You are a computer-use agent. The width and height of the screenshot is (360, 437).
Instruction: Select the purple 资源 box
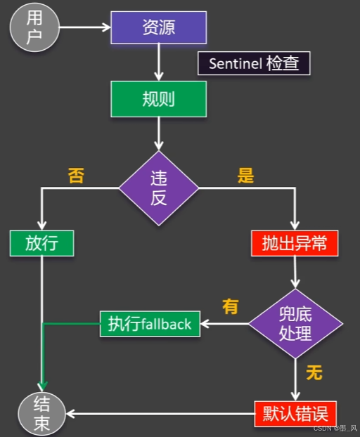(159, 27)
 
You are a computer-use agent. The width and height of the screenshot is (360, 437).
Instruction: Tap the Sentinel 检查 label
(253, 64)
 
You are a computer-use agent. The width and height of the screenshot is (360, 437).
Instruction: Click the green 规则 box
(159, 99)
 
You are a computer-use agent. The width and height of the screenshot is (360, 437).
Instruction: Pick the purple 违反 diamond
(159, 188)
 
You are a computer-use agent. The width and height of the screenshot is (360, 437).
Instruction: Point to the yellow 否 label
(76, 176)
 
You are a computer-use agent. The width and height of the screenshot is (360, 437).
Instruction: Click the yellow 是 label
(245, 176)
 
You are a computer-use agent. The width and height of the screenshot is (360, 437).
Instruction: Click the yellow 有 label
(230, 306)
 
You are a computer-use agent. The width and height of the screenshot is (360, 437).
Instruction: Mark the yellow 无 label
(314, 372)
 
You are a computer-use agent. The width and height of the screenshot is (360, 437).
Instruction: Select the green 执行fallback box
(150, 324)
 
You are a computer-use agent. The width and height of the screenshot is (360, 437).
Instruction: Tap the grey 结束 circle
(41, 413)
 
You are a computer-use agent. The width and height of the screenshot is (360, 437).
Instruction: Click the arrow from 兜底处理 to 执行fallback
(224, 324)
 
